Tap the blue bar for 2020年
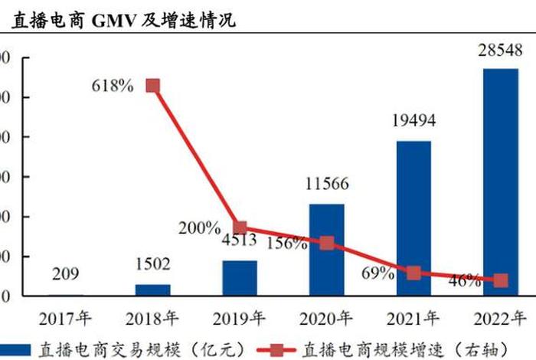326,250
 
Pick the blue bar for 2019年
240,278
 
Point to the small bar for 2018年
153,290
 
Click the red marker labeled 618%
152,85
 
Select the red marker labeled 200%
240,227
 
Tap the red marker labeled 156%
326,243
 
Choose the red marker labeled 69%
413,273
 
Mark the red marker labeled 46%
500,280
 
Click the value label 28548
500,51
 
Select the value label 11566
326,184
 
